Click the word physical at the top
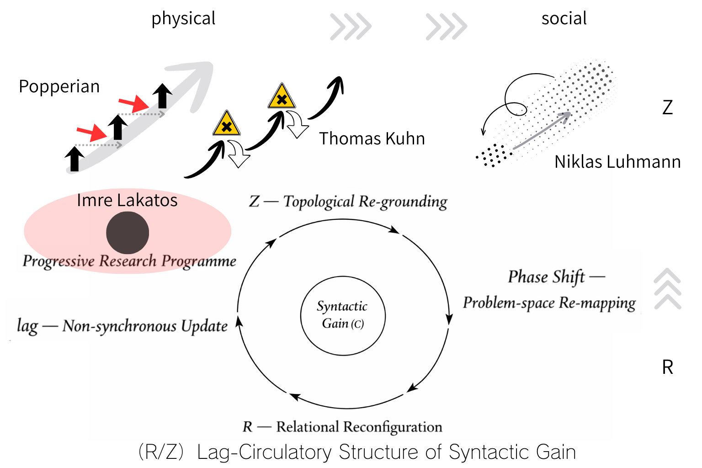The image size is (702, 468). coord(183,19)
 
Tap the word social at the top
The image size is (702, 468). coord(564,18)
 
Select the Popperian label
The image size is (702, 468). coord(59,86)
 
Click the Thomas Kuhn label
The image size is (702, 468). coord(372,138)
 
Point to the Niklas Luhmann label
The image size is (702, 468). coord(617,162)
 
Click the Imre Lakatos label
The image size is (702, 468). coord(127,200)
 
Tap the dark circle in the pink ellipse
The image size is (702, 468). coord(128,233)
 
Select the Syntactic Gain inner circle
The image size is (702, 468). coord(343,315)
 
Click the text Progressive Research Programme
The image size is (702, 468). coord(129,261)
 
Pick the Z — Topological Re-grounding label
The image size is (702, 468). coord(348,202)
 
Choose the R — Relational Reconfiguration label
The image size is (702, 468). coord(342,427)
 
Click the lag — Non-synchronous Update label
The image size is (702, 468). coord(122,326)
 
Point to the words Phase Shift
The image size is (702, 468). coord(546,277)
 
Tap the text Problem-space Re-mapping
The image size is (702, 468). coord(549,303)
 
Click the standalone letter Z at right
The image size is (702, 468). coord(667,107)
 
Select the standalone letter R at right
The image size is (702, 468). coord(667,367)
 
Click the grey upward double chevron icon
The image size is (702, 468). coord(667,289)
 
